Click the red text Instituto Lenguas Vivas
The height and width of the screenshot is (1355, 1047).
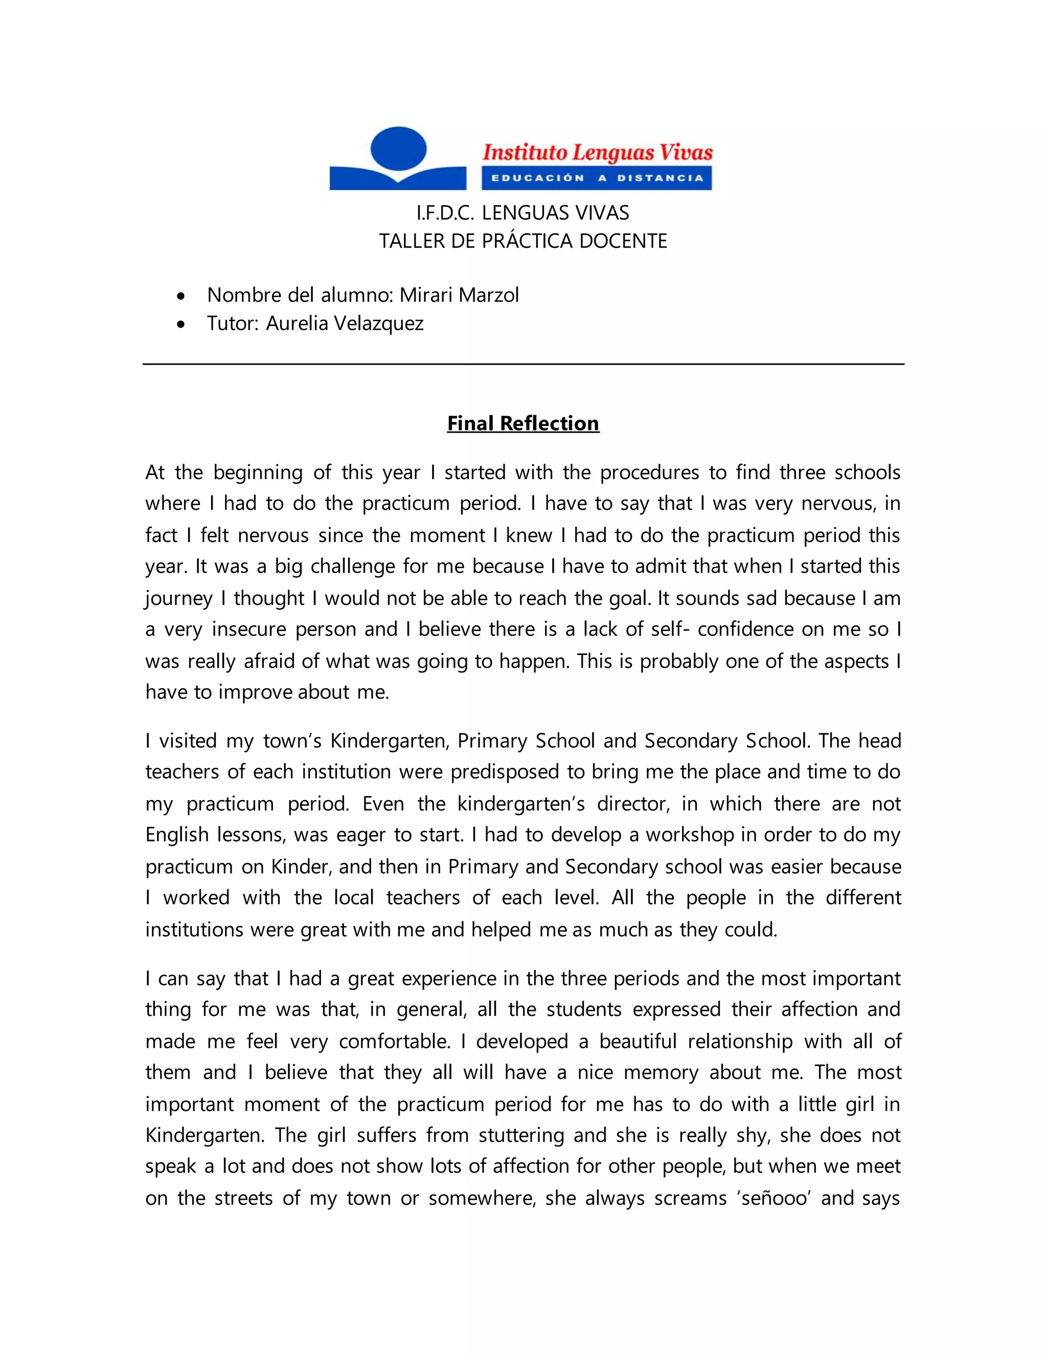(x=597, y=152)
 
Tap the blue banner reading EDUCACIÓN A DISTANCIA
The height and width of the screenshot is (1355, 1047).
(x=597, y=178)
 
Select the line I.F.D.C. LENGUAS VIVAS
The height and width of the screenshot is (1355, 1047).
(x=522, y=213)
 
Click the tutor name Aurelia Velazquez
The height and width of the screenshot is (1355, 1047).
(x=345, y=323)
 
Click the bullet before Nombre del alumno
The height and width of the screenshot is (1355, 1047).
(x=180, y=297)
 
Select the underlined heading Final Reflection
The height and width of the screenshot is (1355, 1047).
(x=523, y=423)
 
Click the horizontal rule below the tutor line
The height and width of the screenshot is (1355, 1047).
(x=523, y=364)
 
